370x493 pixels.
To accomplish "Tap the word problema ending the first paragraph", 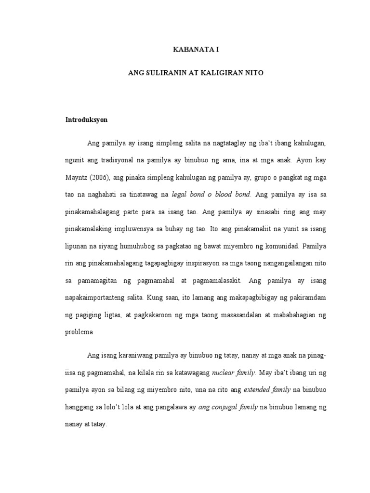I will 79,332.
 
